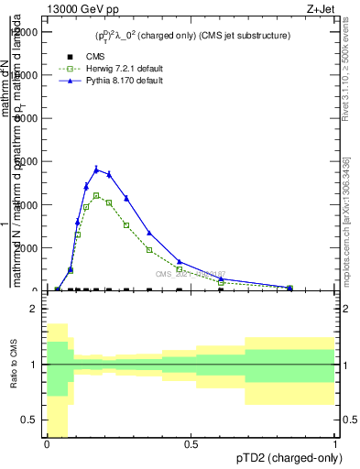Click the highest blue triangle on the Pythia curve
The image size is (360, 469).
coord(96,169)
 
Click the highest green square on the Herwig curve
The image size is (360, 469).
coord(96,195)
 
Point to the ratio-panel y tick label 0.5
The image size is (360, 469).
coord(30,420)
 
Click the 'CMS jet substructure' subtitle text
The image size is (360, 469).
coord(245,36)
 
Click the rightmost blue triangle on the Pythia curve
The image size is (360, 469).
coord(289,287)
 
